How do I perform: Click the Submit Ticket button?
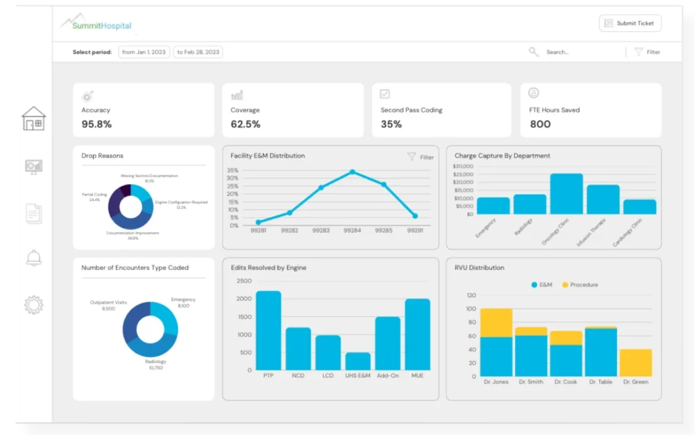tap(630, 23)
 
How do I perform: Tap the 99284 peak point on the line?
tap(352, 172)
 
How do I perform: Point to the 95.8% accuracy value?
tap(96, 124)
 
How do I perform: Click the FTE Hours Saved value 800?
tap(540, 124)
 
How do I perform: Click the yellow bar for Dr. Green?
tap(635, 363)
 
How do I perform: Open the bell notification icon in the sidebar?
tap(33, 258)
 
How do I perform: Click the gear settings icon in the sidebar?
tap(33, 305)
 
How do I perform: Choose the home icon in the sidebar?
tap(33, 119)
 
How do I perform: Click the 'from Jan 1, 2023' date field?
tap(145, 52)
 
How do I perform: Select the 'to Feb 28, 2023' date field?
tap(198, 52)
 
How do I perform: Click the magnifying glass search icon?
tap(533, 52)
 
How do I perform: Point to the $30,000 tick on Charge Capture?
tap(463, 166)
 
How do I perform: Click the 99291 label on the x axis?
tap(415, 231)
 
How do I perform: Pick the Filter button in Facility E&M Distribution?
tap(421, 157)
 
